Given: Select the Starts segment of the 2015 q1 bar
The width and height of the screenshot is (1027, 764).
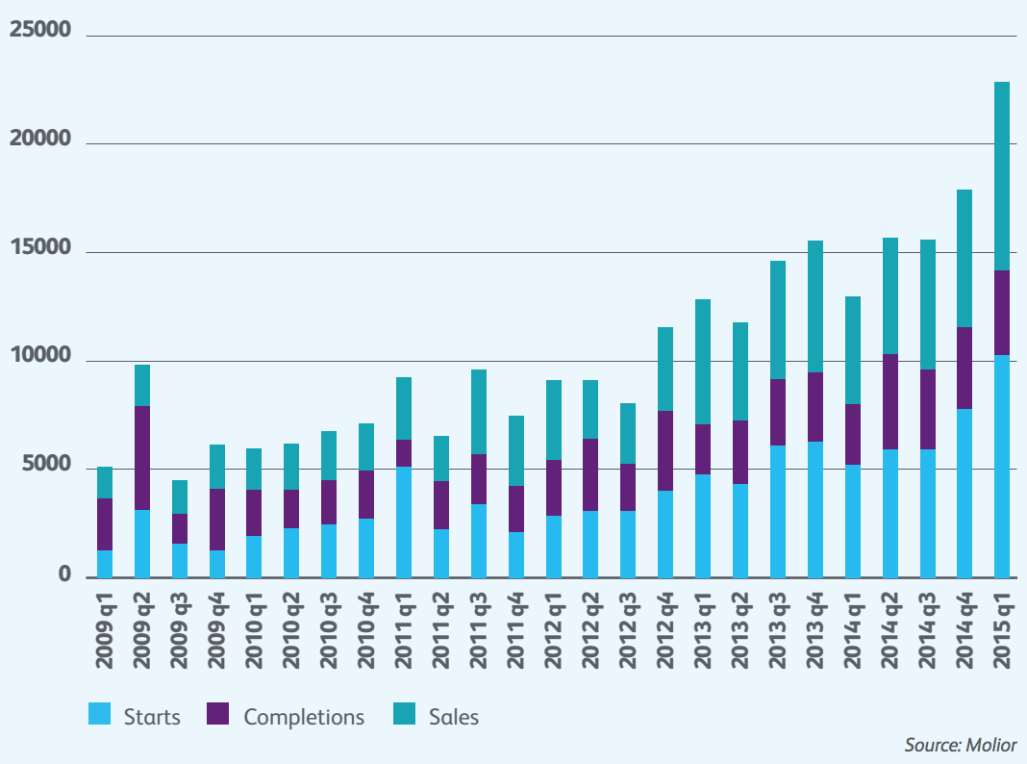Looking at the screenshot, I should pyautogui.click(x=1001, y=467).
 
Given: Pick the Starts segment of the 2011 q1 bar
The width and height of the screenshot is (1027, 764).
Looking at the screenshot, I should pyautogui.click(x=403, y=522).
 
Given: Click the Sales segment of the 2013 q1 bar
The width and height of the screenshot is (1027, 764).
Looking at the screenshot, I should pyautogui.click(x=703, y=362).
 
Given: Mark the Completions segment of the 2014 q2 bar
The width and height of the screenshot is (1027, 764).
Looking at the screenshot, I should pyautogui.click(x=889, y=401).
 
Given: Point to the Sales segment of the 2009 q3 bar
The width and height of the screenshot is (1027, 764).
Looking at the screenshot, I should pyautogui.click(x=180, y=497).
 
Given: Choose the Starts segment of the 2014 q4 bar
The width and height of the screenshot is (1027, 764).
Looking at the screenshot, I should pyautogui.click(x=964, y=494).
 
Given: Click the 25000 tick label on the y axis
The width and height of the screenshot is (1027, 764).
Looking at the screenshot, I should pyautogui.click(x=40, y=31).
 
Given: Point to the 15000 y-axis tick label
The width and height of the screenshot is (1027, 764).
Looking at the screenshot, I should pyautogui.click(x=40, y=248).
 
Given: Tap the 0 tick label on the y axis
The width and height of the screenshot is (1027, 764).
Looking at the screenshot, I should pyautogui.click(x=64, y=575).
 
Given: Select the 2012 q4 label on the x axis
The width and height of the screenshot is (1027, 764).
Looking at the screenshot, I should pyautogui.click(x=665, y=629).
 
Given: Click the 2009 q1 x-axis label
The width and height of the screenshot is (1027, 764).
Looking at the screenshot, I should pyautogui.click(x=104, y=629).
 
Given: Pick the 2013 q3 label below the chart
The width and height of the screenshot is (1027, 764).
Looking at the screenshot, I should pyautogui.click(x=777, y=629).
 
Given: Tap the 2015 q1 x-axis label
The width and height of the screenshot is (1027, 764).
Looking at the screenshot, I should pyautogui.click(x=1001, y=629).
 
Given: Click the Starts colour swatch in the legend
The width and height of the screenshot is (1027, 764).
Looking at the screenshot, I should pyautogui.click(x=100, y=715).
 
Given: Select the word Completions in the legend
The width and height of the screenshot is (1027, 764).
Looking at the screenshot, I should pyautogui.click(x=304, y=717).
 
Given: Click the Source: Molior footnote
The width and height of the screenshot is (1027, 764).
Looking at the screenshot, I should pyautogui.click(x=960, y=745).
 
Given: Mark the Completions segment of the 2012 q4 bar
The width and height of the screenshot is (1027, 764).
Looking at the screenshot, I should pyautogui.click(x=665, y=450).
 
